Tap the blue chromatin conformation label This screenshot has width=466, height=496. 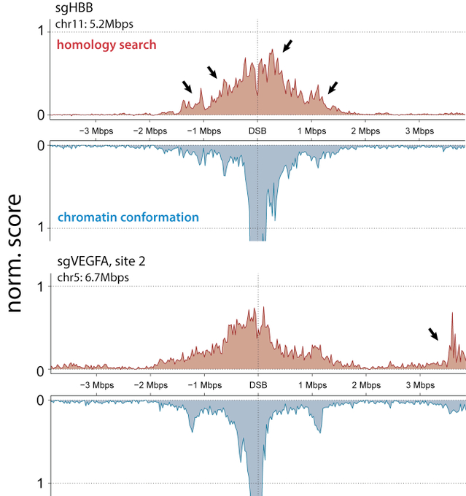pyautogui.click(x=128, y=217)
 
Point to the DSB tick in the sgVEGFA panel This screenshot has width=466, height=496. pyautogui.click(x=257, y=384)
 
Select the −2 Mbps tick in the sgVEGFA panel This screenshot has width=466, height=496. pyautogui.click(x=149, y=384)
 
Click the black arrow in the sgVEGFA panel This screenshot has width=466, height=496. pyautogui.click(x=434, y=334)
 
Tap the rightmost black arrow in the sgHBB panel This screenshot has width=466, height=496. pyautogui.click(x=333, y=88)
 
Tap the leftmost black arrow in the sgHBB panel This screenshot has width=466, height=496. pyautogui.click(x=187, y=87)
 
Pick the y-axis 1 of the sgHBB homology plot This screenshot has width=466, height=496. pyautogui.click(x=42, y=31)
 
